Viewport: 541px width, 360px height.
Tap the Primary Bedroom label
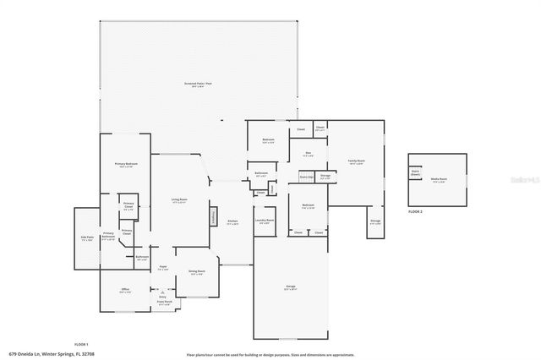(x=126, y=165)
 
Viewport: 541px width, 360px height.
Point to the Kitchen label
(x=232, y=222)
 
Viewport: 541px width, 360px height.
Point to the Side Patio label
(x=86, y=237)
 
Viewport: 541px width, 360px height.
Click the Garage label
(x=290, y=287)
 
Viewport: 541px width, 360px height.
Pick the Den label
(x=309, y=154)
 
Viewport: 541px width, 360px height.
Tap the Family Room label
(x=356, y=161)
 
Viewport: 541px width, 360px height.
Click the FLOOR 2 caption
(x=414, y=211)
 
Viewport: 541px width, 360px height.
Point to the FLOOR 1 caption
(x=81, y=344)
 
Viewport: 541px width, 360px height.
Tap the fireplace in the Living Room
(x=215, y=217)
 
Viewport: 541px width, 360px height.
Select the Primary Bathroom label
(x=109, y=236)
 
